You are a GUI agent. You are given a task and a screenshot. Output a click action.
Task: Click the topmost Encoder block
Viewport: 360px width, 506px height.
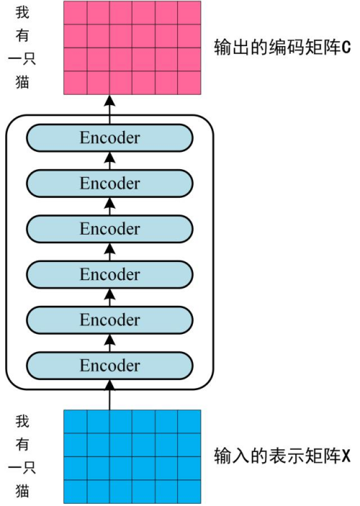coord(109,137)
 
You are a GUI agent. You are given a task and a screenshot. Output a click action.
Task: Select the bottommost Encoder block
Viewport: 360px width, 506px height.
coord(109,366)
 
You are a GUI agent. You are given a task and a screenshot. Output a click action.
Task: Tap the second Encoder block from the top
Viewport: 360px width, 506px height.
coord(109,184)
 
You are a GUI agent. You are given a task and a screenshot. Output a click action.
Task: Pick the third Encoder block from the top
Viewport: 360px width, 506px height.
coord(109,229)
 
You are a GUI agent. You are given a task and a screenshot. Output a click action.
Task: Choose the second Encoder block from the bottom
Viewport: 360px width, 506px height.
coord(109,320)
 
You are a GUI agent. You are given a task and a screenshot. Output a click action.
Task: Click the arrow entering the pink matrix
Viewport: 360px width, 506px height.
coord(110,109)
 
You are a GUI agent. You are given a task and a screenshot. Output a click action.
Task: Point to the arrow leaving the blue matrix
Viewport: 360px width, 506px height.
coord(110,395)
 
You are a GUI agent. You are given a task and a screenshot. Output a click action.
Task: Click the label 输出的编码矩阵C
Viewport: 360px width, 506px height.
coord(282,47)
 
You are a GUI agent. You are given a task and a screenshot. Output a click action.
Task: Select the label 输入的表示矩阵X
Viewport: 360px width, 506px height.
coord(282,456)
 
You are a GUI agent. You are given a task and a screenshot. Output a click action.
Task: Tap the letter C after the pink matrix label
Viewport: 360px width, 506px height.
coord(346,48)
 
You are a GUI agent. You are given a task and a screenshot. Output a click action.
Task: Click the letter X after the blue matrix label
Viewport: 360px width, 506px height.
coord(346,456)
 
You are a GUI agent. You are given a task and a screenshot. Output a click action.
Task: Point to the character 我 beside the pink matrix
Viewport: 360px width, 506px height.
coord(22,12)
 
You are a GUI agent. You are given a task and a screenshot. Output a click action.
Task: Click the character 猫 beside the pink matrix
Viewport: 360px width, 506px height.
coord(22,82)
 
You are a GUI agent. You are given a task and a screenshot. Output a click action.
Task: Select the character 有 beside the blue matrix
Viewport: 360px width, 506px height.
coord(22,445)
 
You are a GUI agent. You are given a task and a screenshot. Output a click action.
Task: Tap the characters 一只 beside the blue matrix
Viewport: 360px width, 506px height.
coord(22,468)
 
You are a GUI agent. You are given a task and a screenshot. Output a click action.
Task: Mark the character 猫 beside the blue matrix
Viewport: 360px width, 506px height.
coord(22,491)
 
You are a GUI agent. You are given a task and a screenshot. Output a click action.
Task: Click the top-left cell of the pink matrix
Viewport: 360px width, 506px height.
coord(75,12)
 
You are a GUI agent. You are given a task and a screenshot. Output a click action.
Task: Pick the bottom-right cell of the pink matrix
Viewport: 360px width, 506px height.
coord(189,83)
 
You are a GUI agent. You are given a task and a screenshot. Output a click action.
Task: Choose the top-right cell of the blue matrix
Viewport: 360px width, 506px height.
coord(189,422)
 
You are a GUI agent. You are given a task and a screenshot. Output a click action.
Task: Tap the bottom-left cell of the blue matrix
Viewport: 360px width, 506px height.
coord(75,492)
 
